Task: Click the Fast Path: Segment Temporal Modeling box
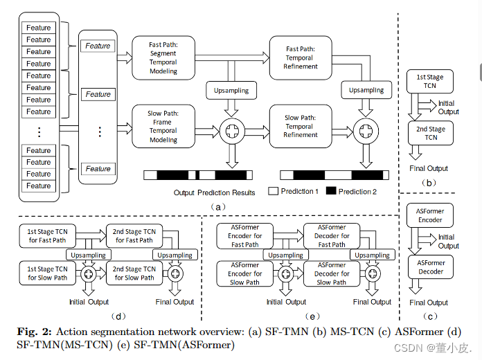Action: (x=163, y=57)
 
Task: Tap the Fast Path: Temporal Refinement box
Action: (x=301, y=57)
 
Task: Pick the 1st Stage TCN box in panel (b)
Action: (x=431, y=81)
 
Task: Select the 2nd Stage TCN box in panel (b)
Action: (x=431, y=133)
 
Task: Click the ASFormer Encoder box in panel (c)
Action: (x=431, y=215)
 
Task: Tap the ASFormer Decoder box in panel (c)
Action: (x=431, y=267)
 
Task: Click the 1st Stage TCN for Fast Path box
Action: (x=48, y=235)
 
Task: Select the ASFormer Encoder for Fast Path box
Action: (x=245, y=235)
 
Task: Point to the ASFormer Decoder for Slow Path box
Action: (x=331, y=273)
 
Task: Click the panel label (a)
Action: (x=217, y=206)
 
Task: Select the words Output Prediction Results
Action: (x=214, y=192)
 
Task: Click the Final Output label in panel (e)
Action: (x=371, y=302)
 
